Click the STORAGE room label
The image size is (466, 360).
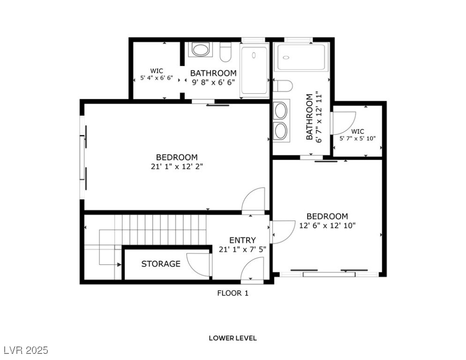161,264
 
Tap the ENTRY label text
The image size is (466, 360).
242,240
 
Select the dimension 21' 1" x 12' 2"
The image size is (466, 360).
177,166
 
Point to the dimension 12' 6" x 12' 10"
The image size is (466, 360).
327,225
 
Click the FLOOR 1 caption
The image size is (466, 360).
233,293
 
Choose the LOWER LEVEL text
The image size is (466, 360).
233,338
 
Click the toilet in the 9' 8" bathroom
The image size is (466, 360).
225,52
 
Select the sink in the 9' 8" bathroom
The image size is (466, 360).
200,50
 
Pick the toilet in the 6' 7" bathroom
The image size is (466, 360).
283,86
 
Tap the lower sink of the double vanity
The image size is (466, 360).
281,131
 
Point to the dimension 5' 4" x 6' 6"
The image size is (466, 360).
157,78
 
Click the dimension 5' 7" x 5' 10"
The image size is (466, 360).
358,138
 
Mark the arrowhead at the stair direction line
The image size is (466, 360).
120,264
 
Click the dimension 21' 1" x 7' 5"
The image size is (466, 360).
242,249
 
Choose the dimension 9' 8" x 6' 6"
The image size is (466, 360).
213,82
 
